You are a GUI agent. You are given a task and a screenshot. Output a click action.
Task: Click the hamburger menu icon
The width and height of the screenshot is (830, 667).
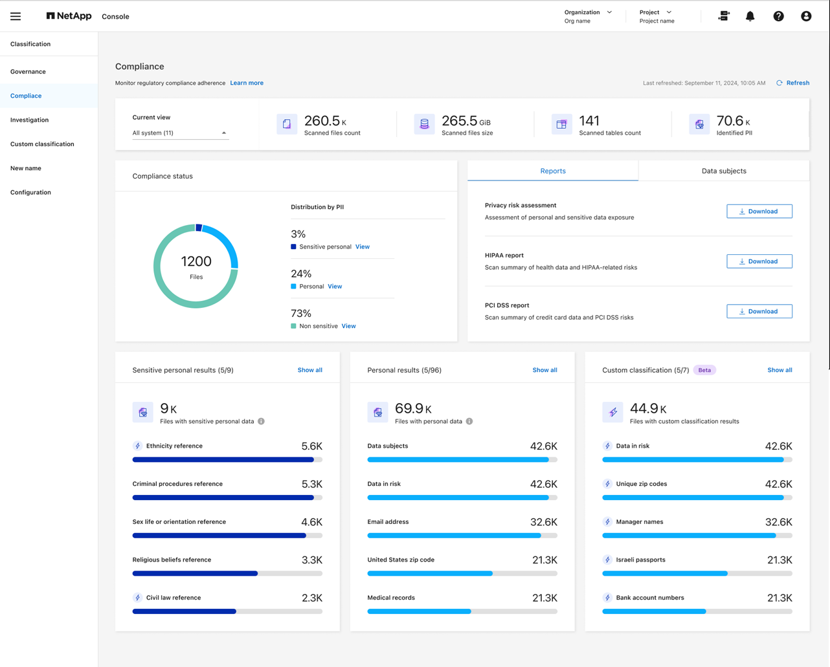point(16,16)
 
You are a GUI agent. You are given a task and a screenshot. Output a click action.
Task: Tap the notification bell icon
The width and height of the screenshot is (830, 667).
point(750,16)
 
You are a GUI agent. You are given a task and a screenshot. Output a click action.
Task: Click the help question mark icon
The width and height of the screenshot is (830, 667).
point(778,16)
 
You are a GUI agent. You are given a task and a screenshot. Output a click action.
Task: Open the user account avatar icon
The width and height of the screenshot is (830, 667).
point(806,16)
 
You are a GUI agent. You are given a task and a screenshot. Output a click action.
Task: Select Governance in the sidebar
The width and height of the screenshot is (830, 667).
point(28,72)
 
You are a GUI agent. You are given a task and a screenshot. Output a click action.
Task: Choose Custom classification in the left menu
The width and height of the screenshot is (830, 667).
point(42,144)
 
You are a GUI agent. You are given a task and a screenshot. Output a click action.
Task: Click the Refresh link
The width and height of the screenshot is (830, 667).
point(797,83)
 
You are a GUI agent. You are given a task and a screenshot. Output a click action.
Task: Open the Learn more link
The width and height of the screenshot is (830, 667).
point(247,83)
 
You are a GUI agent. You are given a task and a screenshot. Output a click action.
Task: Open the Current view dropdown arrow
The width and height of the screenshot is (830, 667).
point(224,133)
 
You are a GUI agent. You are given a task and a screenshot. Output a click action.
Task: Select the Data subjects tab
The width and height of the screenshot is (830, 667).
point(724,171)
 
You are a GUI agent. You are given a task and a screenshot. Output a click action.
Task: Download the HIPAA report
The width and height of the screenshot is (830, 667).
point(759,261)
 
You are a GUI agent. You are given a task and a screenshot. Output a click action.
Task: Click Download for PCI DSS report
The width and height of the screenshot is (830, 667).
point(759,311)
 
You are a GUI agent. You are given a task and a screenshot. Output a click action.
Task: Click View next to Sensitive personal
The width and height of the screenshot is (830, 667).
point(363,246)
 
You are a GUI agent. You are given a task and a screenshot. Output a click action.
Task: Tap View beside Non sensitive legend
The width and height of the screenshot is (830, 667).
point(348,326)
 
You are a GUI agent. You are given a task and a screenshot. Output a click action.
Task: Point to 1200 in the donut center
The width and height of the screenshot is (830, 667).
point(196,261)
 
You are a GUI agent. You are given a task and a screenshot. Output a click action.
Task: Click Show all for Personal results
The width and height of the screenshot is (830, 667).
point(544,370)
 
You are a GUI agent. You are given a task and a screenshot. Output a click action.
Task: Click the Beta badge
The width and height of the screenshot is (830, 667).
point(704,370)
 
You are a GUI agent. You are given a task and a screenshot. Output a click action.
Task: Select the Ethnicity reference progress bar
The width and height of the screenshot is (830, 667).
point(227,460)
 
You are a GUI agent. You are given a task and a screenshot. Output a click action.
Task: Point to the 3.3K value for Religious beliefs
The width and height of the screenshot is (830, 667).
point(312,560)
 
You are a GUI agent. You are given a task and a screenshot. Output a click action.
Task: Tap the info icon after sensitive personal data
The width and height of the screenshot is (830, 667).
point(262,421)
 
